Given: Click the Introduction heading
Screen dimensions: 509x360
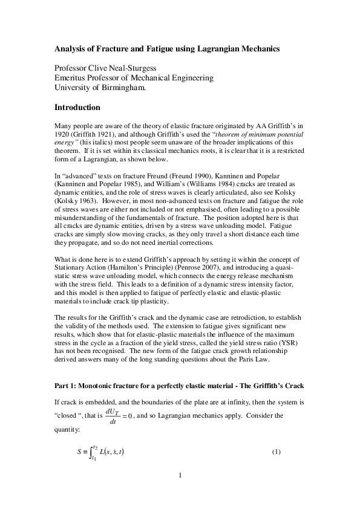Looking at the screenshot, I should (x=77, y=108).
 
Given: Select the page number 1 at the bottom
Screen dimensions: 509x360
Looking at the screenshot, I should (x=180, y=475).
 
